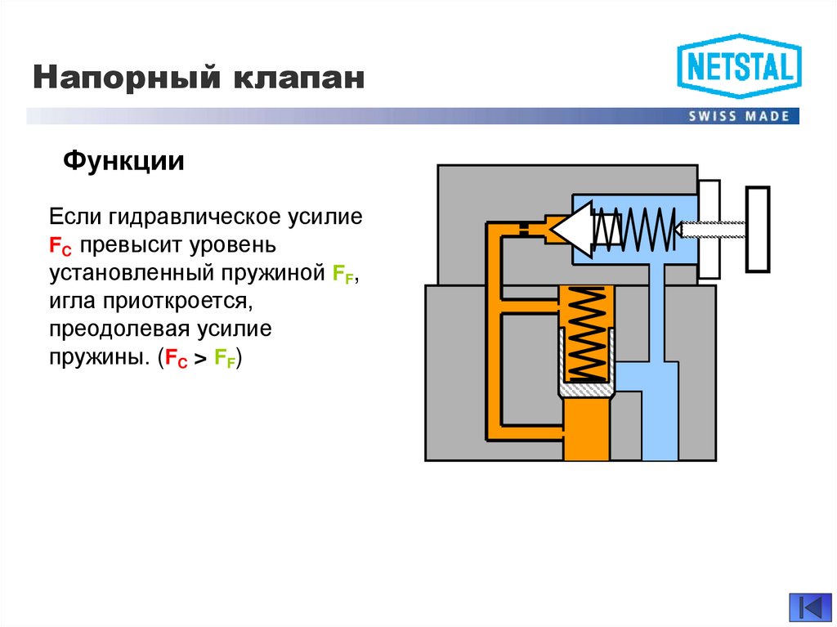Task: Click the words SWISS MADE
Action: [740, 116]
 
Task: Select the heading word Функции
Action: [123, 160]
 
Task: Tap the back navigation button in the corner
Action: [809, 607]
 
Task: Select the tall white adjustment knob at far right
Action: [758, 229]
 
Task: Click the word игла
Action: [71, 302]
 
